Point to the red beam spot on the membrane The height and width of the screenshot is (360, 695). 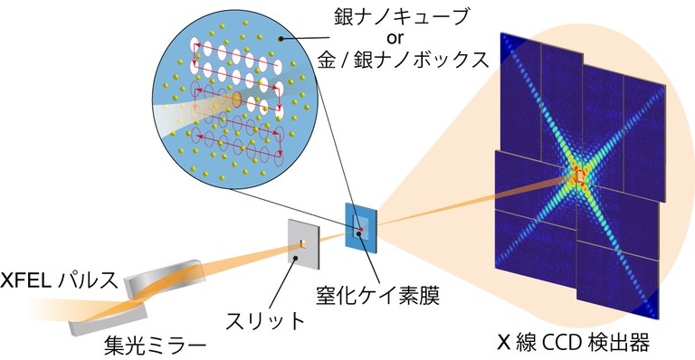click(x=362, y=230)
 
